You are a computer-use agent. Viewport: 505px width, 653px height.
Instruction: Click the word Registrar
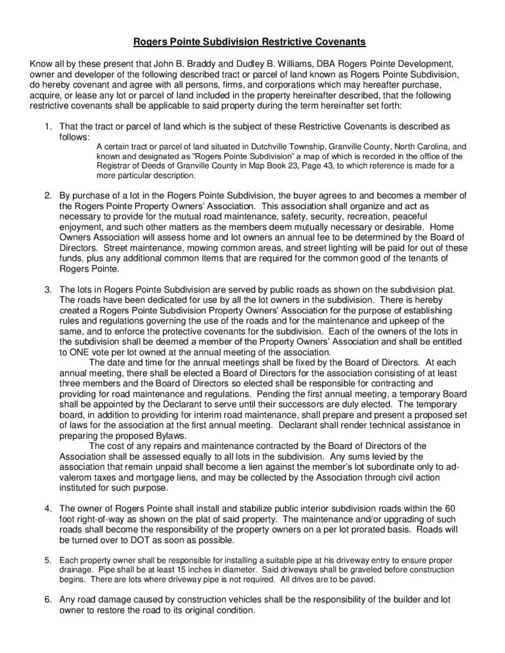(x=114, y=166)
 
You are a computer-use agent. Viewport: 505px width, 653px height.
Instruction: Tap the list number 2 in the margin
(x=48, y=194)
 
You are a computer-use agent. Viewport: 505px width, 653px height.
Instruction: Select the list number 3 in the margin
(x=48, y=290)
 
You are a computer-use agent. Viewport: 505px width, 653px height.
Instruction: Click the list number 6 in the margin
(x=48, y=599)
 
